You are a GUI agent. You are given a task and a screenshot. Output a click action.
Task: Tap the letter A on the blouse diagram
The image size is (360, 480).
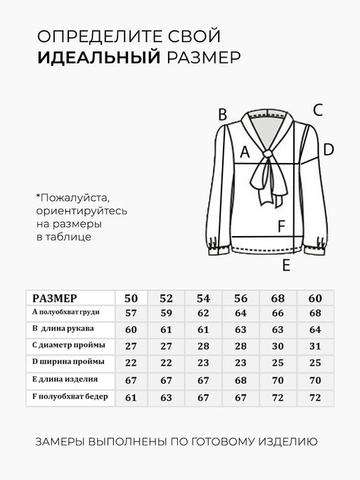[245, 152]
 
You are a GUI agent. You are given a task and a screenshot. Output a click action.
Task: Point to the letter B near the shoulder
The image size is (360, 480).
[222, 115]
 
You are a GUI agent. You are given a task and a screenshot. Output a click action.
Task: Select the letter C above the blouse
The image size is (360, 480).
[318, 110]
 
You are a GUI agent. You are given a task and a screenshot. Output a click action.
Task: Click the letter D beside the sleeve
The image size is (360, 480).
[328, 149]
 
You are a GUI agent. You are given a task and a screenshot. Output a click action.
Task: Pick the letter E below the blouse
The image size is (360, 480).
[285, 265]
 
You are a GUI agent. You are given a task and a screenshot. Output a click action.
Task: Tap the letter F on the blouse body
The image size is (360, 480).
[281, 226]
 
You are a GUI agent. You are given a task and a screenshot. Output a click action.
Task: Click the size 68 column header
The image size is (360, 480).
[278, 297]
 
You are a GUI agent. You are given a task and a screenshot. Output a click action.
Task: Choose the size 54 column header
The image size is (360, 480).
[203, 297]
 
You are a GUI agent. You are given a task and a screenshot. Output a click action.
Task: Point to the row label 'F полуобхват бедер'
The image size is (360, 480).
[70, 396]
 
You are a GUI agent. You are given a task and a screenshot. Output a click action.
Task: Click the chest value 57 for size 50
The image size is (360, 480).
[131, 313]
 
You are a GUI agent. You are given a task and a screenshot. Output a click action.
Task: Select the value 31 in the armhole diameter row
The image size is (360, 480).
[315, 346]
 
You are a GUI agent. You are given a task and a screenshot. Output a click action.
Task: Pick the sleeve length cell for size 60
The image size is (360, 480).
[315, 330]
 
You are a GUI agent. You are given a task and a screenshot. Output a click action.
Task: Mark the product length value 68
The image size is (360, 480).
[241, 380]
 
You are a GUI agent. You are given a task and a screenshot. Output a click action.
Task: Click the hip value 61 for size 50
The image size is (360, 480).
[131, 397]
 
